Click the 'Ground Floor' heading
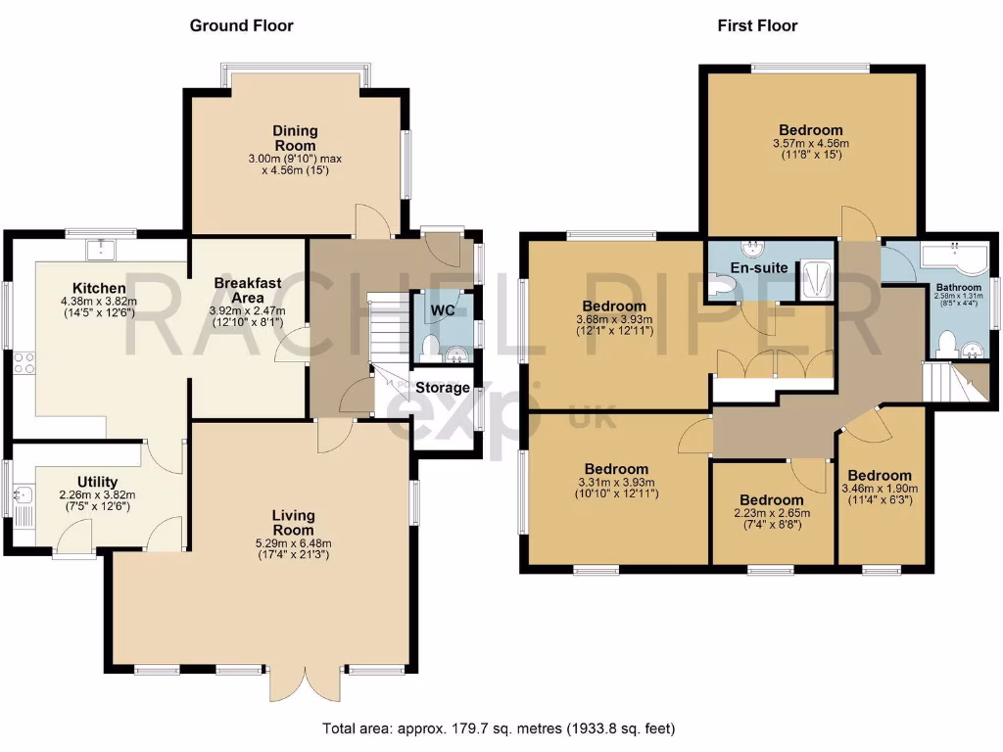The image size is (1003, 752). coord(241,25)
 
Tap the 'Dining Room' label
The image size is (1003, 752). coord(295,138)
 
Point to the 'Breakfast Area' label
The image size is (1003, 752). coord(248,290)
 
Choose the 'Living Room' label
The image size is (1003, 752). coord(294,522)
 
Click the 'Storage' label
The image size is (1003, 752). coord(442,388)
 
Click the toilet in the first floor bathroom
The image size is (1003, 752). coord(945,342)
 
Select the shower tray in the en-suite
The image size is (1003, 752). coord(815,278)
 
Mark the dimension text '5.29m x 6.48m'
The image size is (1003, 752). coord(294,544)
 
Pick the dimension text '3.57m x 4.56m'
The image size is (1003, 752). coord(810,143)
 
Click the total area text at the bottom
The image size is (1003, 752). coord(500,728)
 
